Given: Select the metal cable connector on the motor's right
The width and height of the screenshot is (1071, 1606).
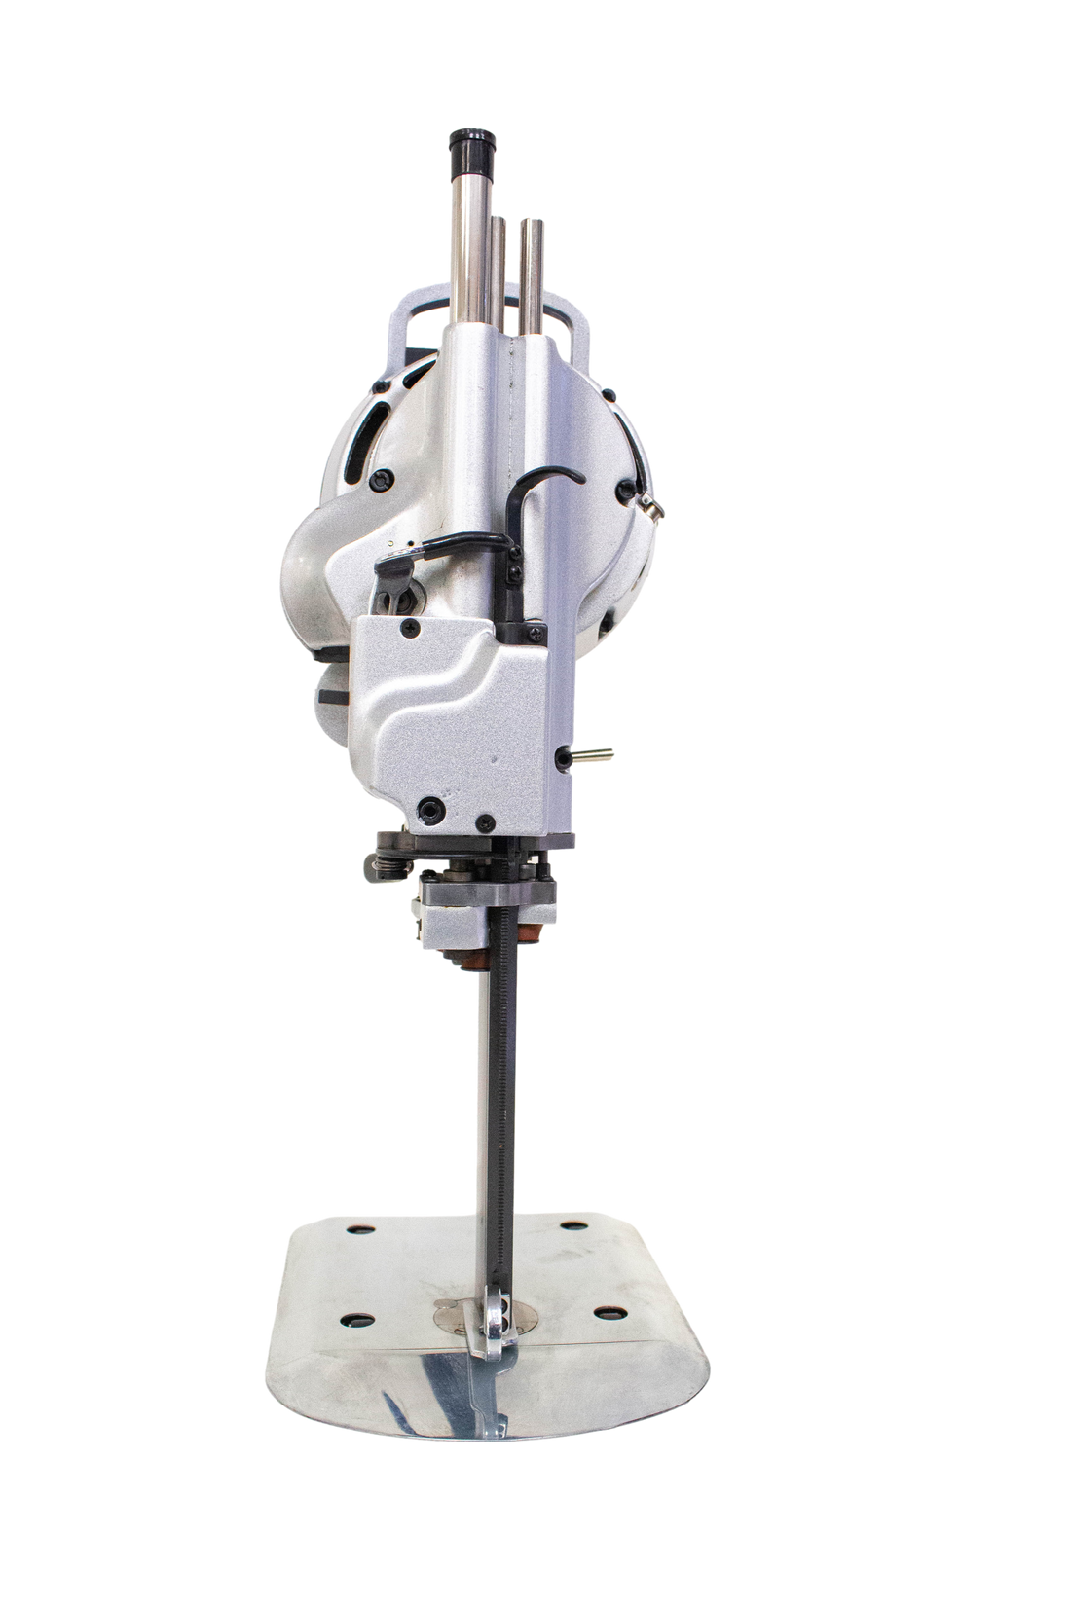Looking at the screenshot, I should click(x=651, y=503).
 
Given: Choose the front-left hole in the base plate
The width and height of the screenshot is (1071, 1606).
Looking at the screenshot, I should click(x=355, y=1319).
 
